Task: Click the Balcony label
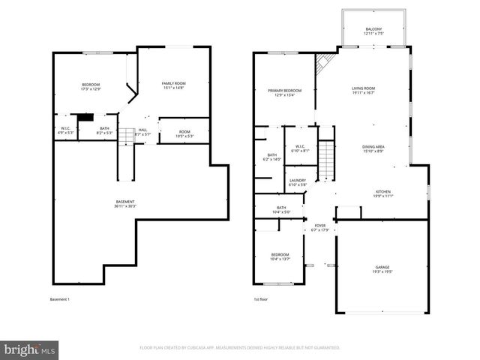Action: (x=373, y=29)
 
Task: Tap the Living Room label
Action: (x=364, y=88)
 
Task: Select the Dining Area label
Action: (x=373, y=146)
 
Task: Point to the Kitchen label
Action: (x=383, y=191)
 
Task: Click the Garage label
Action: (x=383, y=267)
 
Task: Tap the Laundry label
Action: (x=297, y=180)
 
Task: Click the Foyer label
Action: (x=320, y=225)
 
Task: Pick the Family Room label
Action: (x=173, y=82)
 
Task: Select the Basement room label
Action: (x=124, y=202)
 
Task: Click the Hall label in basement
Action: (x=142, y=129)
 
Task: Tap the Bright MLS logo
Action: (x=30, y=349)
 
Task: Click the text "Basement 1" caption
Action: (x=59, y=300)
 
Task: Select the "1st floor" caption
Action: (x=260, y=300)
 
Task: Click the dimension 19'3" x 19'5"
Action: (x=383, y=271)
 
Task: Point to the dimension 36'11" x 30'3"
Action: (x=124, y=205)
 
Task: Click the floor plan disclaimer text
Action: (x=240, y=348)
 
